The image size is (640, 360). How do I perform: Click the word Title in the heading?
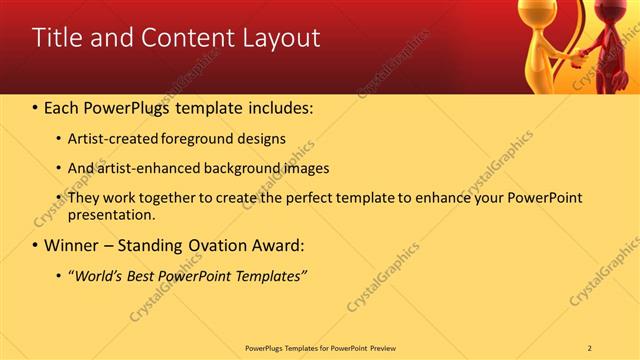pos(59,38)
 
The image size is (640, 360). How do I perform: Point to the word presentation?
pos(111,215)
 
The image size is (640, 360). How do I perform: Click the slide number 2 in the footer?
pos(589,347)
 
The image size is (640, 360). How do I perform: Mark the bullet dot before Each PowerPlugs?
pos(36,106)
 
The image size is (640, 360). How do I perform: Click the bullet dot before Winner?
pos(36,245)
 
